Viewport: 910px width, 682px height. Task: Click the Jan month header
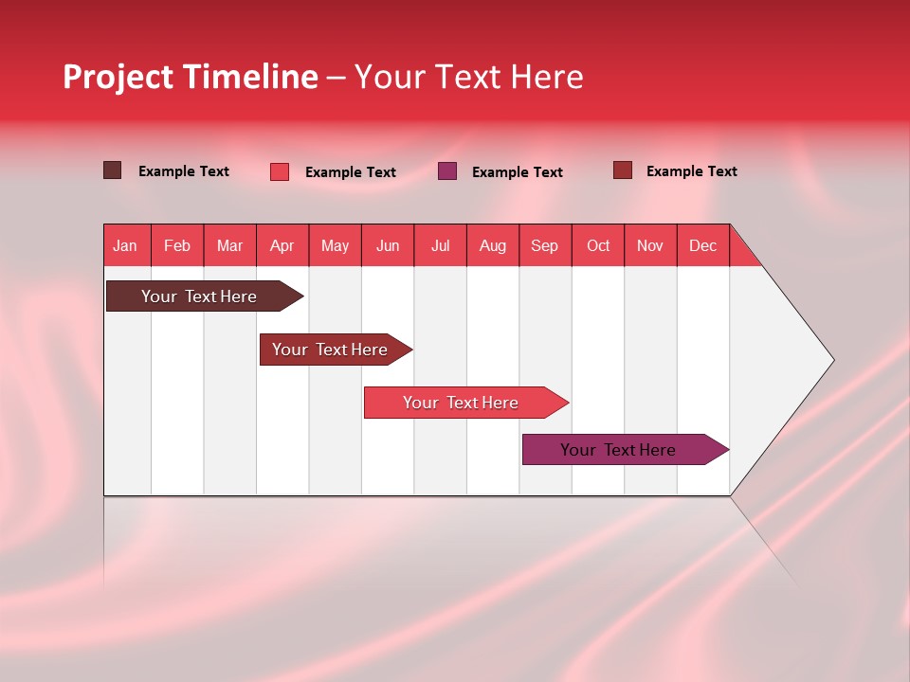point(126,245)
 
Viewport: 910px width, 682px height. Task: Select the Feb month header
point(177,245)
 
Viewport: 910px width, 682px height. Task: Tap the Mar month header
point(229,245)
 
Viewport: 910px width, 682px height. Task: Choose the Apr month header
point(282,245)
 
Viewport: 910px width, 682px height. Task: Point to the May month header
point(335,245)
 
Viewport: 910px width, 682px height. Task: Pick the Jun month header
point(388,245)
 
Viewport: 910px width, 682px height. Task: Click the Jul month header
point(440,245)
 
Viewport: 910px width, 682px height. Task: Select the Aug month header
point(493,245)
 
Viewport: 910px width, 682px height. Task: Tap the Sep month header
point(545,245)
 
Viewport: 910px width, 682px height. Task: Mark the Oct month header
point(598,245)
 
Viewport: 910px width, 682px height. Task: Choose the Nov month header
point(650,245)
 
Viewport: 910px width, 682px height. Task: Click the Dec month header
point(702,245)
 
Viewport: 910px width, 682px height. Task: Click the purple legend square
point(447,171)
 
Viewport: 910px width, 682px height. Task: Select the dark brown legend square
point(113,170)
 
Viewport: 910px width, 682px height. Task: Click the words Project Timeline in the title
point(191,77)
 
